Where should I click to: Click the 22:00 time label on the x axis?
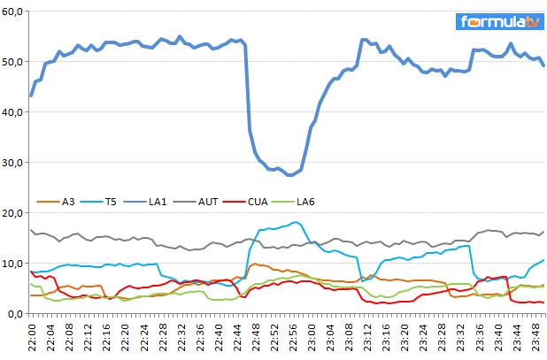(32, 337)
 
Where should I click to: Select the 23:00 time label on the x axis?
(311, 337)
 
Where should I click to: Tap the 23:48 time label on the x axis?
(534, 337)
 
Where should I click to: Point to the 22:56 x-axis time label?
(292, 337)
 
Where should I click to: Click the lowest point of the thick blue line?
(289, 175)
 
